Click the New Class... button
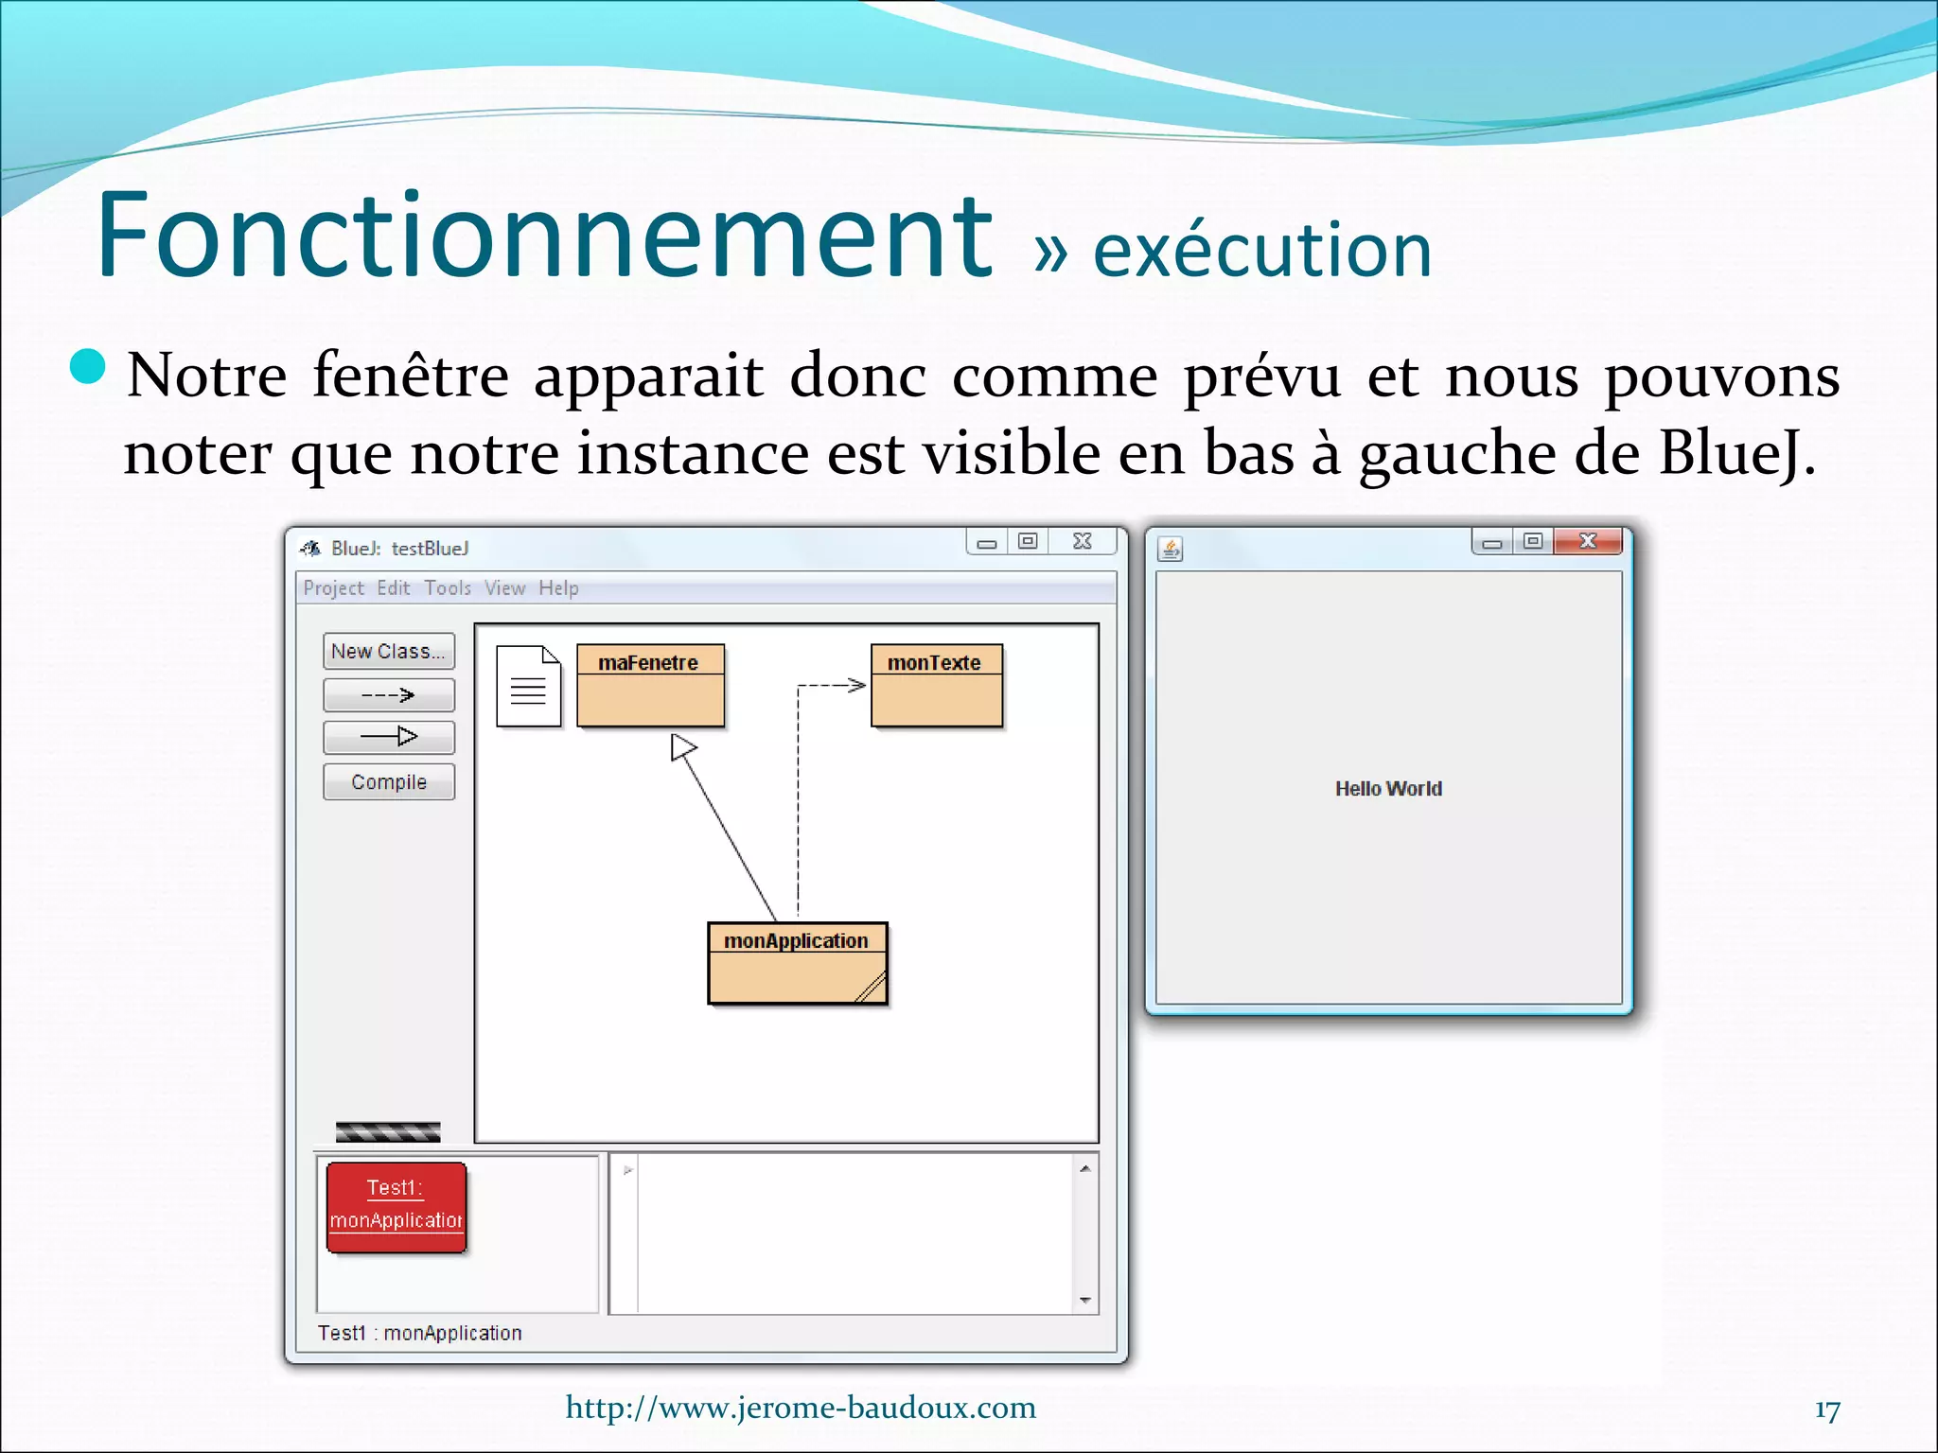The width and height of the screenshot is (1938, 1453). coord(388,651)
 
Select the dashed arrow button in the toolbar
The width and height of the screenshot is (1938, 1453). coord(388,695)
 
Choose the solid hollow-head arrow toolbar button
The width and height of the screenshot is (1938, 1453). coord(388,736)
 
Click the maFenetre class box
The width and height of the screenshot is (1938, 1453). coord(650,686)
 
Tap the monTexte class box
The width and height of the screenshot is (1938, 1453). coord(936,686)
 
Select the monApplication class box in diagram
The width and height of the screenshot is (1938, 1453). coord(797,963)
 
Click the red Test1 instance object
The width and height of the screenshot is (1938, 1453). coord(396,1207)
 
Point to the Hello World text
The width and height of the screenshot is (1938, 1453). coord(1388,788)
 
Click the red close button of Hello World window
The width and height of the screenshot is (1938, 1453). coord(1588,541)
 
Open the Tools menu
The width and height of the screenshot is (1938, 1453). coord(448,588)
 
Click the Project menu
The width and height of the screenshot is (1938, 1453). coord(333,588)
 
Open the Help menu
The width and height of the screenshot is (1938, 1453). coord(558,588)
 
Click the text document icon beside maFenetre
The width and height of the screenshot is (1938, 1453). coord(528,686)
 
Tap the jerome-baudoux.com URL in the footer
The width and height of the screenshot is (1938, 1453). coord(801,1408)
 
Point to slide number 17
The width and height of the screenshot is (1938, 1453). coord(1826,1410)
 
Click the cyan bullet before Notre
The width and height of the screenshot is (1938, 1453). coord(88,367)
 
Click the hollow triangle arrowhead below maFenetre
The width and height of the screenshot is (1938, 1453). coord(682,747)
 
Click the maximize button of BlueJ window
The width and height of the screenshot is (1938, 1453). coord(1028,541)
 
